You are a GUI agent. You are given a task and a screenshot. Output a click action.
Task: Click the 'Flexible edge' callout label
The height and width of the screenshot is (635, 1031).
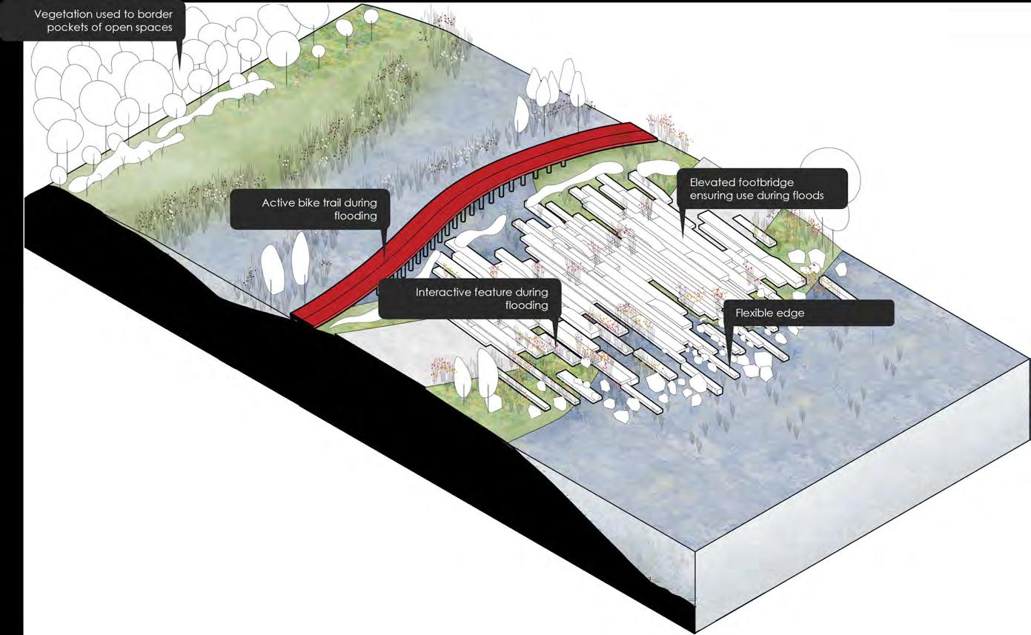click(x=808, y=313)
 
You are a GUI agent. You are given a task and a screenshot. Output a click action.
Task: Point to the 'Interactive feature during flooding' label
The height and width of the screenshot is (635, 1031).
click(x=469, y=299)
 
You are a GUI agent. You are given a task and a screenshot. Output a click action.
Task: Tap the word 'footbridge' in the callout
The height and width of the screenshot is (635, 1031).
click(x=763, y=182)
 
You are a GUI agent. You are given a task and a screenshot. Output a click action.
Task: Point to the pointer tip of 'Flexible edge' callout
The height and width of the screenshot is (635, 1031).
click(x=730, y=362)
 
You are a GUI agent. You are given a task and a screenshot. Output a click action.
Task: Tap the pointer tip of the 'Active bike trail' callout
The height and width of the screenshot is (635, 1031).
click(x=384, y=256)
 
